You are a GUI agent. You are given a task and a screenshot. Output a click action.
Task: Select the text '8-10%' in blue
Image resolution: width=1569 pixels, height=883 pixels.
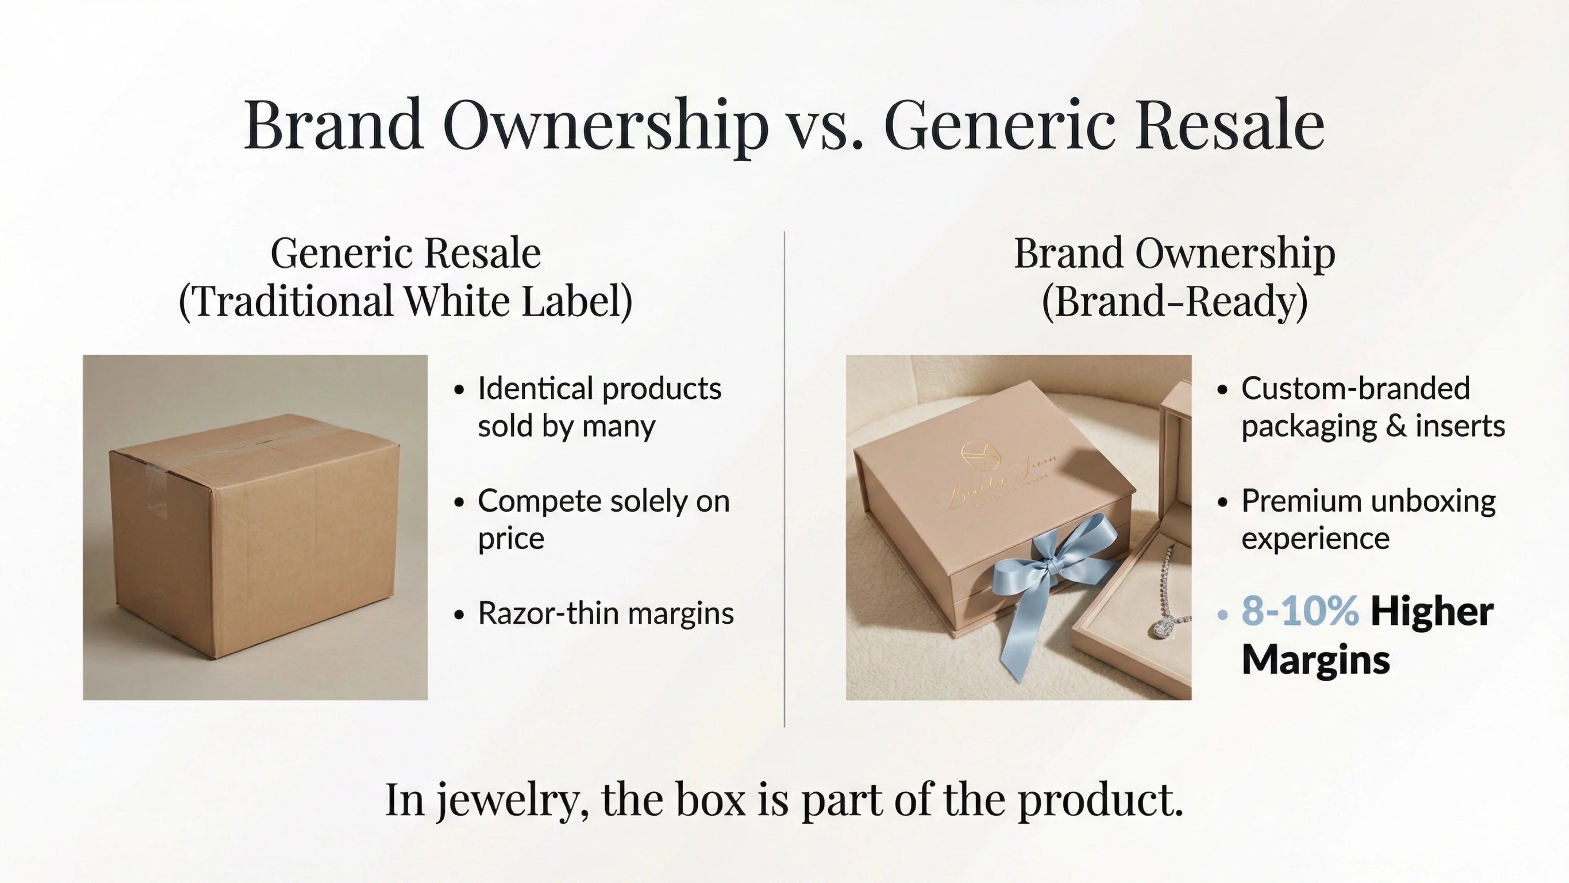pos(1300,611)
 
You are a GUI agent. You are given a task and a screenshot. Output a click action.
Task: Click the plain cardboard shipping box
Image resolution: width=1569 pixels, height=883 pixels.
pos(255,536)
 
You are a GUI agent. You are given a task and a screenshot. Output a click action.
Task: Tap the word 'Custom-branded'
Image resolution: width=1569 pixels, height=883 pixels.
pos(1355,389)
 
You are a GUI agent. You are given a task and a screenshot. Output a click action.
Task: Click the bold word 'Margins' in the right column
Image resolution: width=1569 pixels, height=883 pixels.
pos(1316,660)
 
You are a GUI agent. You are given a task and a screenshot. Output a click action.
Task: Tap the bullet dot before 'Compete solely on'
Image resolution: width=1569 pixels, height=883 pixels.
pos(459,502)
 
